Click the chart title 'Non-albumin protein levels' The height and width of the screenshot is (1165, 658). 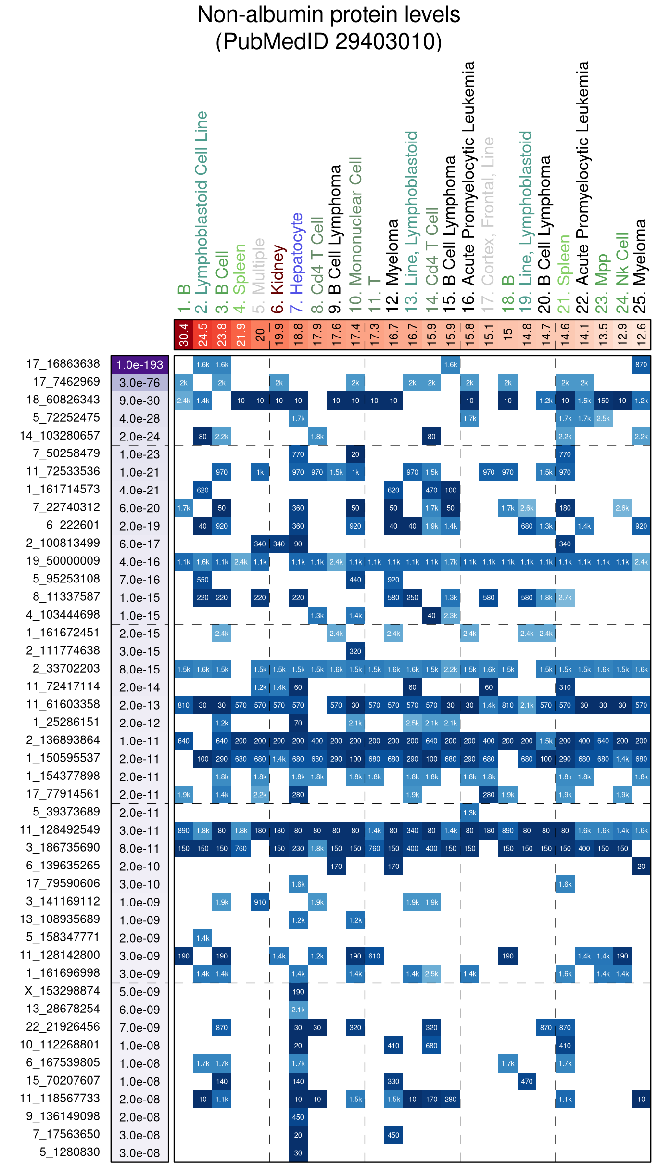click(329, 15)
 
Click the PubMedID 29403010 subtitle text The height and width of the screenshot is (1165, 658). click(329, 41)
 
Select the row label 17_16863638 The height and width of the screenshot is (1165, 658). click(63, 364)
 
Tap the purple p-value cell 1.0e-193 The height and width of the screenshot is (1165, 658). click(139, 365)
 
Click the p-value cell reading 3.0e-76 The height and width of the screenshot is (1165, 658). click(139, 383)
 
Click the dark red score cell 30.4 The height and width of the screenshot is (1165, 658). click(184, 335)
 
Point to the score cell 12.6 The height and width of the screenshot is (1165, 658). click(641, 335)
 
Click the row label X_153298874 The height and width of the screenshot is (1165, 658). click(63, 991)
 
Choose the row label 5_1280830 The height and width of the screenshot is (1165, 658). click(70, 1152)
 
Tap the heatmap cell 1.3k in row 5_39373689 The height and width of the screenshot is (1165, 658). click(469, 813)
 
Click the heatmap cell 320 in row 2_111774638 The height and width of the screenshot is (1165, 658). click(355, 652)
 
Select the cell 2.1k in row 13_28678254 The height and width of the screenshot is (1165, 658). click(298, 1010)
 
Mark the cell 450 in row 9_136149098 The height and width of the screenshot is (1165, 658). click(298, 1117)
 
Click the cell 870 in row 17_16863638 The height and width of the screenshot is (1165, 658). click(641, 365)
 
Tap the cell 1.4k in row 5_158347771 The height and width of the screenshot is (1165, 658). click(202, 938)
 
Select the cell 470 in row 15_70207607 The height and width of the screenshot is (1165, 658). click(527, 1082)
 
